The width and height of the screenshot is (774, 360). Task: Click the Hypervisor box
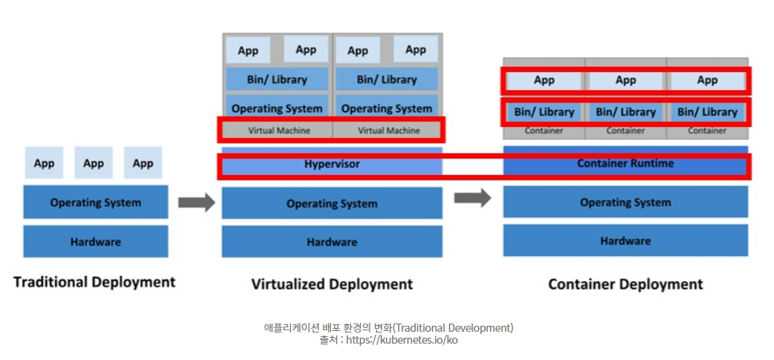tap(332, 164)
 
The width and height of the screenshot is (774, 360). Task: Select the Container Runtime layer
tap(625, 163)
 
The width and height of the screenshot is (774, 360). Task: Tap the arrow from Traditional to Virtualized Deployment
tap(196, 202)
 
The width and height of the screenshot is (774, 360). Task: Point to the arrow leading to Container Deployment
tap(473, 198)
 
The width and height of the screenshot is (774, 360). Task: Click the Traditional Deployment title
tap(94, 282)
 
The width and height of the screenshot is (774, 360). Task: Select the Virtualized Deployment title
tap(332, 284)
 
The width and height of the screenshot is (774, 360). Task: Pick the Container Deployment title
tap(625, 284)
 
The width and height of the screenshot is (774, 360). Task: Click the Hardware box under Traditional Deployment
tap(95, 242)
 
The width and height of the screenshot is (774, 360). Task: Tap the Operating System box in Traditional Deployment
tap(95, 202)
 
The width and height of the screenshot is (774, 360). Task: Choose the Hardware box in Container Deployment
tap(625, 241)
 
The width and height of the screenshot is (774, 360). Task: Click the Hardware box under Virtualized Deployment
tap(332, 242)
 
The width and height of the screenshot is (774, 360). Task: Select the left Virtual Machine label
tap(277, 130)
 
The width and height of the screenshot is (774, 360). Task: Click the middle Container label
tap(625, 131)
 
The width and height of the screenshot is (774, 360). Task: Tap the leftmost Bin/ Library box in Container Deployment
tap(544, 112)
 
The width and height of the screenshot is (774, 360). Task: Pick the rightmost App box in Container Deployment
tap(707, 80)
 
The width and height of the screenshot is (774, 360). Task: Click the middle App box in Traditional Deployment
tap(94, 163)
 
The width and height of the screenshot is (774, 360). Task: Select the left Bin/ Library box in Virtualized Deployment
tap(277, 80)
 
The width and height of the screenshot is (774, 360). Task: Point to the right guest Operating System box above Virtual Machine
tap(387, 109)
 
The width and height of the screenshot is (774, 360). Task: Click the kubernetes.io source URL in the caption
tap(407, 340)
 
